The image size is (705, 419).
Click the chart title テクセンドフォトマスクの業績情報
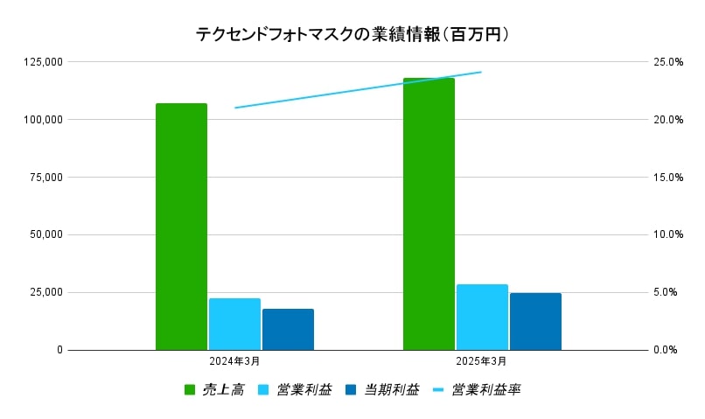(x=352, y=34)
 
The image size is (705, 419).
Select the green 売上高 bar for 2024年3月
(x=181, y=227)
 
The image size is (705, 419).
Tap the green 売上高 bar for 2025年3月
(x=429, y=214)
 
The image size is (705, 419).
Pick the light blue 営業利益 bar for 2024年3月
(x=234, y=324)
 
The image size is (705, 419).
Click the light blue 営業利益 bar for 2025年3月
(x=482, y=317)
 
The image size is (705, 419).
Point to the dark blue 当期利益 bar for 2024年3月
(x=288, y=329)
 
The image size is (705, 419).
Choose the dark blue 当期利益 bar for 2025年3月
(x=535, y=321)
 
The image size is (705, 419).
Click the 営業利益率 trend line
(x=359, y=90)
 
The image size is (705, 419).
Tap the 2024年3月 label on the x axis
(x=234, y=360)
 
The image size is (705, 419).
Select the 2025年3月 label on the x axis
(x=482, y=360)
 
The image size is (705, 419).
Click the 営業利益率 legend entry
(x=477, y=389)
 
